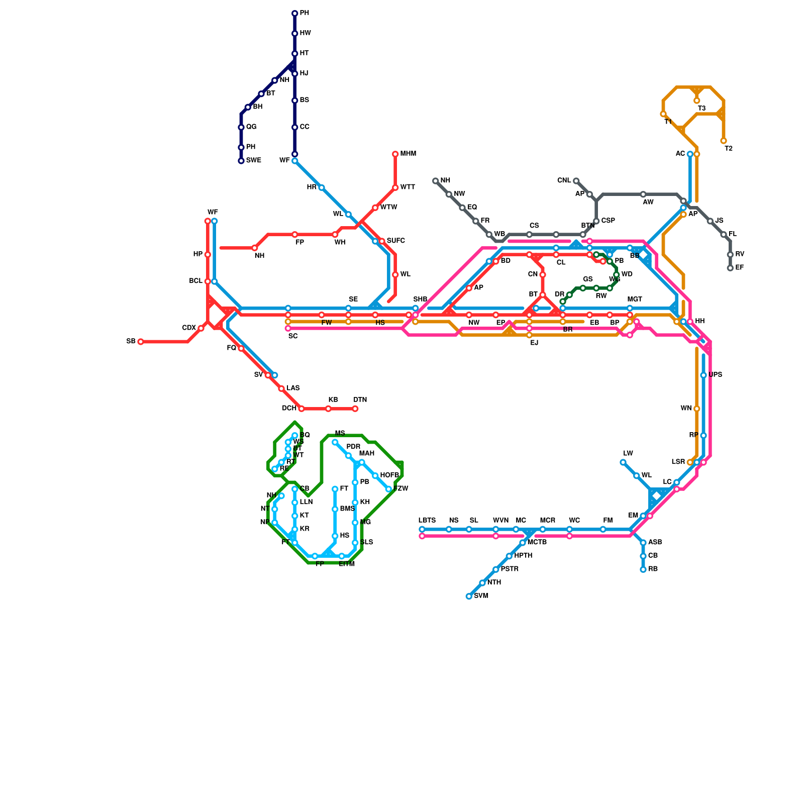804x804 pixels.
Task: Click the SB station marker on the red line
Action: pyautogui.click(x=141, y=342)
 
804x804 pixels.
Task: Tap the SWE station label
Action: pyautogui.click(x=253, y=161)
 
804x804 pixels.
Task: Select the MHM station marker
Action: pyautogui.click(x=395, y=154)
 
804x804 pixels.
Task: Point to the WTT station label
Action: pyautogui.click(x=408, y=187)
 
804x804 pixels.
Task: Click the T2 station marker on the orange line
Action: pyautogui.click(x=724, y=141)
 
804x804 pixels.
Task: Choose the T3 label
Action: pyautogui.click(x=702, y=109)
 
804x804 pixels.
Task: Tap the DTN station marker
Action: pyautogui.click(x=355, y=409)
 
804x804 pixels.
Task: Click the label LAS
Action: pyautogui.click(x=293, y=388)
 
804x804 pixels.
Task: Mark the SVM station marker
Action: pyautogui.click(x=469, y=596)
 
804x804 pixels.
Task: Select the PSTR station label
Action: pyautogui.click(x=510, y=569)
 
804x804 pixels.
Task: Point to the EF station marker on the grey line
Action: pyautogui.click(x=730, y=268)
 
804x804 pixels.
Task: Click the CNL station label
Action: pyautogui.click(x=564, y=181)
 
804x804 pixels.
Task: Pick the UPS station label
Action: pyautogui.click(x=716, y=375)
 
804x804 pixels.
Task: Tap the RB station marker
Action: pyautogui.click(x=643, y=570)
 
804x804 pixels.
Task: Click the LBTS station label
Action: pyautogui.click(x=427, y=521)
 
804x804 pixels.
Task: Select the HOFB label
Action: pyautogui.click(x=389, y=475)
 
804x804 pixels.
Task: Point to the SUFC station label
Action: pyautogui.click(x=395, y=241)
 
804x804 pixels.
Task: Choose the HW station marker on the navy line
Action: pyautogui.click(x=295, y=34)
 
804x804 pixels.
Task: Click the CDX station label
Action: pyautogui.click(x=189, y=328)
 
